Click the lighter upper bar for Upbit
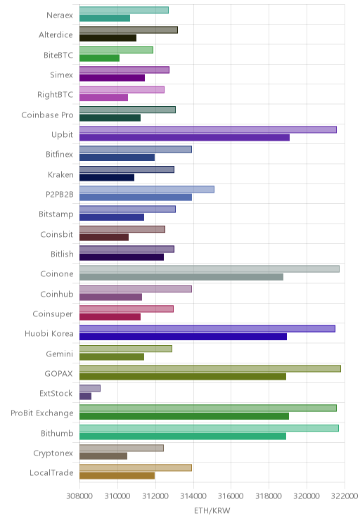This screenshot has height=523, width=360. click(x=208, y=130)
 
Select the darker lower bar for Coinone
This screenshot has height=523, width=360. click(x=181, y=277)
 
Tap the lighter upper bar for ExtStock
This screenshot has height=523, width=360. click(x=90, y=388)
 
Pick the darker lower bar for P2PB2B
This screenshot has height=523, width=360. click(x=136, y=198)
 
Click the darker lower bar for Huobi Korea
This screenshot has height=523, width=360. click(x=183, y=337)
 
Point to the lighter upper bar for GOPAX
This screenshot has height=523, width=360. click(x=210, y=368)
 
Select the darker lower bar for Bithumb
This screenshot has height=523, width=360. click(x=183, y=437)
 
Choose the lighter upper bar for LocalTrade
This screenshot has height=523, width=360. click(x=136, y=468)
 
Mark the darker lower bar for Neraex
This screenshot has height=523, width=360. click(x=105, y=18)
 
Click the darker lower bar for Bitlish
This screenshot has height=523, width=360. click(x=122, y=257)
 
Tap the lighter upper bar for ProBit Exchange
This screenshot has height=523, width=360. click(x=208, y=408)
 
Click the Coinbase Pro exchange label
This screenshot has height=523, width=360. click(x=47, y=115)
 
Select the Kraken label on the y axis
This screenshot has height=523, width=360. click(x=60, y=175)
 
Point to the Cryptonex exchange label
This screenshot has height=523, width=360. click(x=53, y=453)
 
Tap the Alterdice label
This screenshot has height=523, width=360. click(x=56, y=35)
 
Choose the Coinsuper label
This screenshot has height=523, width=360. click(x=53, y=314)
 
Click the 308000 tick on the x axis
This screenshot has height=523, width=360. click(x=79, y=496)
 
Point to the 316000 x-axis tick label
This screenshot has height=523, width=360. click(x=231, y=496)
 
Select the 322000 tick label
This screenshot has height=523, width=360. click(x=345, y=496)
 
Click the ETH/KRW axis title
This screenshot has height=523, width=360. click(x=212, y=510)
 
